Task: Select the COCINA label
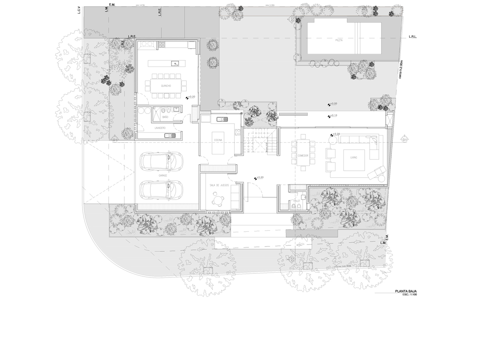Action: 218,140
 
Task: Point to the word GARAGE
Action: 162,176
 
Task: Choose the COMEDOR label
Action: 303,156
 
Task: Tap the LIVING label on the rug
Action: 354,158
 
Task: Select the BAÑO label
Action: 165,117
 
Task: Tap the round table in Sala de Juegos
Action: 217,198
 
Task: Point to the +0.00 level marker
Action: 332,104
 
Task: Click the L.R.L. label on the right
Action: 413,36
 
